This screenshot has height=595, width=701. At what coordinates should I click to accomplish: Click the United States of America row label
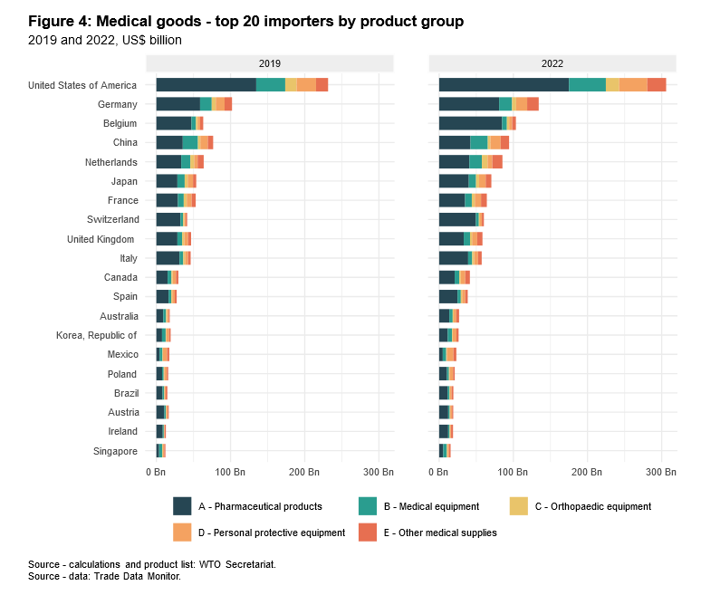[82, 85]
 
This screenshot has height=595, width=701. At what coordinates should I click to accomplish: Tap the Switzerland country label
[113, 219]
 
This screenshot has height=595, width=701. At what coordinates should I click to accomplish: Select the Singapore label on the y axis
[115, 451]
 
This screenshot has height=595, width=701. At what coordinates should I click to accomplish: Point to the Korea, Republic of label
[103, 335]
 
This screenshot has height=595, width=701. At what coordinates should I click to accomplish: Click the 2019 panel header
[270, 63]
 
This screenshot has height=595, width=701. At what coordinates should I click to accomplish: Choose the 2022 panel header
[552, 63]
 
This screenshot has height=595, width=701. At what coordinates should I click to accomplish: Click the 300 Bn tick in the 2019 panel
[379, 473]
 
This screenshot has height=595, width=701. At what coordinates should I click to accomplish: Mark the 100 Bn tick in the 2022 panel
[514, 473]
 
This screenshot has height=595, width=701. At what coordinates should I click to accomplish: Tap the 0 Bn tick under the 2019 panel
[156, 473]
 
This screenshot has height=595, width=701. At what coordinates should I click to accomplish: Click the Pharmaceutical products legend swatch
[182, 506]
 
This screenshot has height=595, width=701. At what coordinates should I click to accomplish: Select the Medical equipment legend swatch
[368, 506]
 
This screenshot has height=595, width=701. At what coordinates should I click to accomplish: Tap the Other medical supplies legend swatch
[368, 533]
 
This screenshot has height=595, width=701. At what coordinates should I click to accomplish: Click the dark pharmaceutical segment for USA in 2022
[504, 85]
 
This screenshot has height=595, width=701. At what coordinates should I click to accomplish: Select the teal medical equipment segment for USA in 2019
[271, 85]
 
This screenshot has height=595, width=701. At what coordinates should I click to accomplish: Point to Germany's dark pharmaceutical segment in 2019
[178, 104]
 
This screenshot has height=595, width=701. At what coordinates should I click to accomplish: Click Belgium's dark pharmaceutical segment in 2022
[470, 123]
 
